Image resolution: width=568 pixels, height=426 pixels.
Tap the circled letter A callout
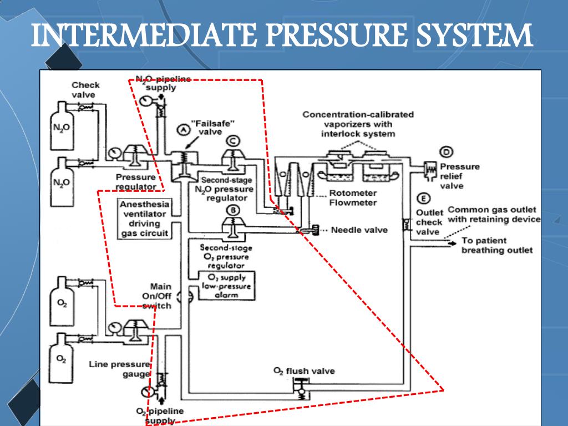click(x=181, y=129)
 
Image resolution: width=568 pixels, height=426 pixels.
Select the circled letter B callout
click(x=234, y=210)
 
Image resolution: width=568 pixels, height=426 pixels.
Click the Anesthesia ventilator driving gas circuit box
click(x=144, y=219)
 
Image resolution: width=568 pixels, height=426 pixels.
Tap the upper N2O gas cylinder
click(x=59, y=129)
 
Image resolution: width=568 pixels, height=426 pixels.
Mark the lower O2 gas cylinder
click(x=62, y=358)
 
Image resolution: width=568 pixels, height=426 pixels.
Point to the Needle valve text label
click(x=359, y=230)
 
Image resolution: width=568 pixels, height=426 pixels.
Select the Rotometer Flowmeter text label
click(x=353, y=197)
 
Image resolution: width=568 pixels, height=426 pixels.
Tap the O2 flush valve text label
click(x=304, y=371)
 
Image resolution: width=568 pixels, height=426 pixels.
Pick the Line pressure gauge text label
click(x=119, y=369)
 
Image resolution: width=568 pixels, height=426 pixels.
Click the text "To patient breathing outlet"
click(x=496, y=245)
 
